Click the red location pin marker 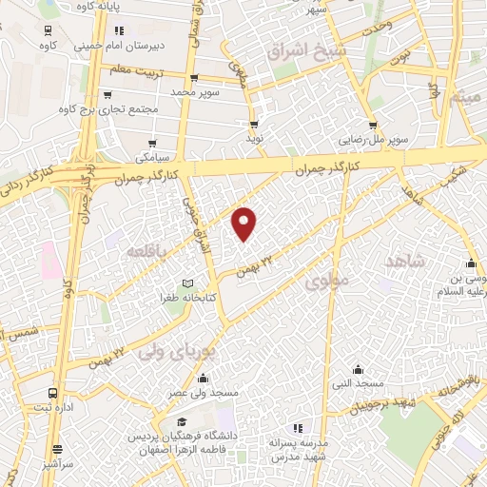tap(245, 224)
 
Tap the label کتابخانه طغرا tap(190, 299)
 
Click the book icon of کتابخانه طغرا tap(187, 283)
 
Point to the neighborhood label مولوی tap(330, 280)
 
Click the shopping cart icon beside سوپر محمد tap(195, 79)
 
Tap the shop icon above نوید tap(254, 124)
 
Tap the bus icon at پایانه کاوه tap(48, 29)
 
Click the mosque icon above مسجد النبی tap(358, 369)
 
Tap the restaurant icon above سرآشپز tap(58, 450)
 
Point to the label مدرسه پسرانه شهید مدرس tap(300, 450)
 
